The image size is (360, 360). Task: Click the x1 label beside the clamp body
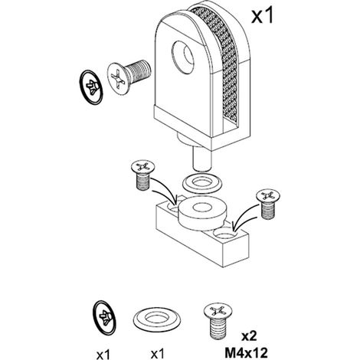click(x=262, y=15)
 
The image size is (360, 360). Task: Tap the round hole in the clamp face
click(x=182, y=57)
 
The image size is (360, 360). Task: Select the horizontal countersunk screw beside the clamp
click(x=129, y=77)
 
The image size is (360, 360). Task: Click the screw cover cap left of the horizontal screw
click(x=91, y=87)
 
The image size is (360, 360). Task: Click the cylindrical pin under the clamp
click(x=201, y=160)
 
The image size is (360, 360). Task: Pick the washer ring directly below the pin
click(x=202, y=183)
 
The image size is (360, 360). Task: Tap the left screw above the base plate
click(x=142, y=175)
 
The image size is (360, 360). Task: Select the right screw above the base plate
click(x=268, y=204)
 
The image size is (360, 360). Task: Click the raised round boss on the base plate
click(x=202, y=213)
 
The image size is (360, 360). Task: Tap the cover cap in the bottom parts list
click(x=104, y=317)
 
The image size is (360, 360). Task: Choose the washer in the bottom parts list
click(x=157, y=319)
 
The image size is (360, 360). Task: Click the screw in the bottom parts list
click(x=218, y=321)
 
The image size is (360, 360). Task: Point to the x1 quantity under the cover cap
click(x=103, y=354)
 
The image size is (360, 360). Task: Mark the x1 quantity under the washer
click(x=158, y=354)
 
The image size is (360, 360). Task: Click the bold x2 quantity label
click(x=249, y=336)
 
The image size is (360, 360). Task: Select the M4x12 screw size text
click(x=246, y=353)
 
